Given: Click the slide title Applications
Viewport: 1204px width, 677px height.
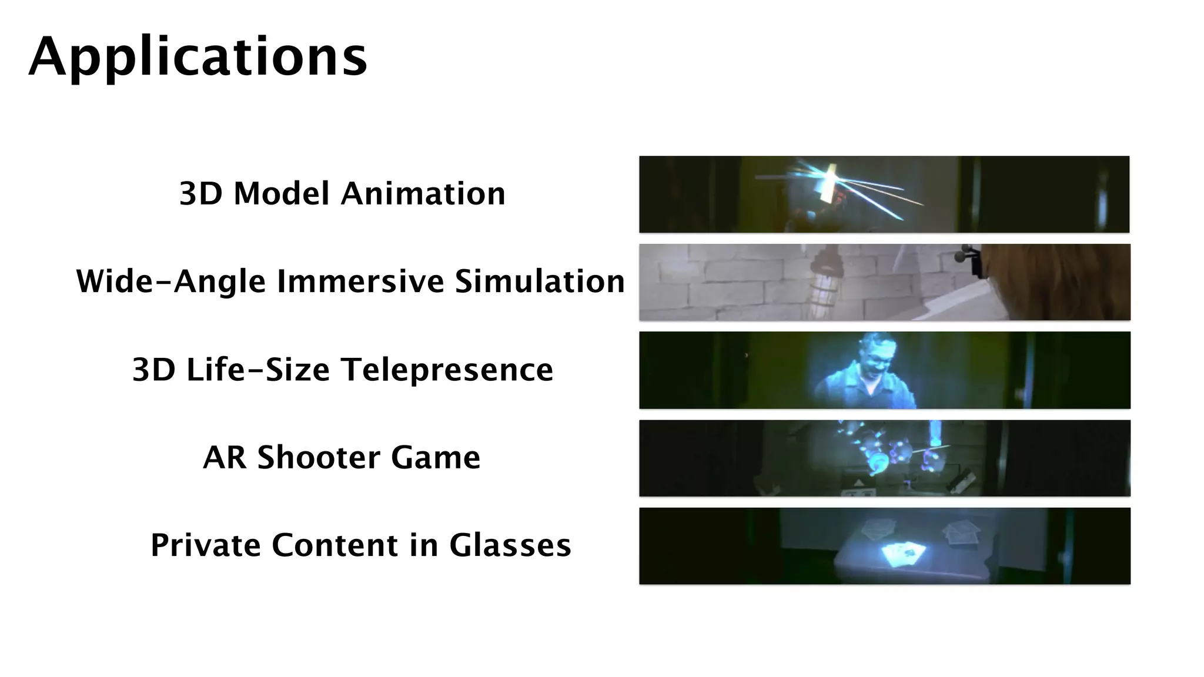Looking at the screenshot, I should [x=198, y=57].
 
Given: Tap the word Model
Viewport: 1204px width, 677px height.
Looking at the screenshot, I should [x=281, y=193].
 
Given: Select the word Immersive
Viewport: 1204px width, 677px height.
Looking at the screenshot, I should [x=360, y=281].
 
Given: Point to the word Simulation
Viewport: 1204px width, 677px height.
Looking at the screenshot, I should [x=540, y=281].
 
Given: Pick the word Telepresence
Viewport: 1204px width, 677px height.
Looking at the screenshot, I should [x=447, y=370].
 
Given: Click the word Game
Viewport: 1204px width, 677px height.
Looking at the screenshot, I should [x=436, y=457].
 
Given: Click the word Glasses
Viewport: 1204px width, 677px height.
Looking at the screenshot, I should [x=510, y=545].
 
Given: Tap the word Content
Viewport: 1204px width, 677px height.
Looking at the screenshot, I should [x=334, y=545].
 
